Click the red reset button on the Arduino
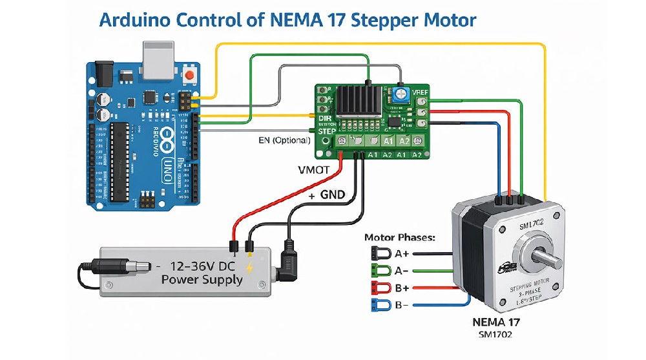(190, 76)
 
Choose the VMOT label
(315, 170)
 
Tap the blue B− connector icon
(379, 305)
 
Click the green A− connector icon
(379, 270)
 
